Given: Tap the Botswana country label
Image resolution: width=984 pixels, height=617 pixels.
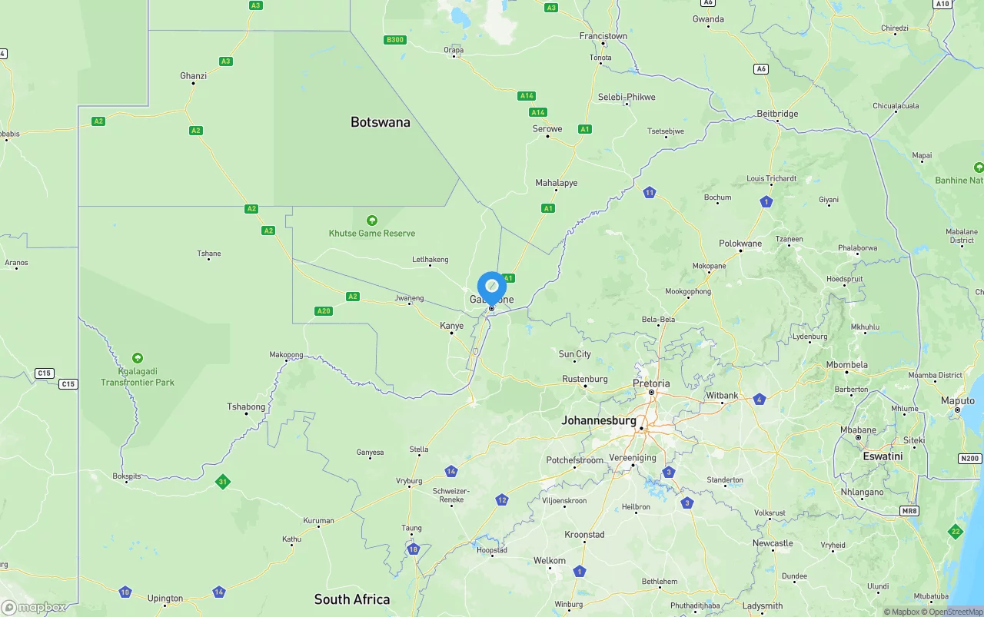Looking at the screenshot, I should coord(380,122).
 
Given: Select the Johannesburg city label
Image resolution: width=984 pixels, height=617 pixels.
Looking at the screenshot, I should coord(599,421).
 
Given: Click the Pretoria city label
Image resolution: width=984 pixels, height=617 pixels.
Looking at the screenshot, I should coord(651,383).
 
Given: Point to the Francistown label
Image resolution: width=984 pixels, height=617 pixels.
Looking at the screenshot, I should coord(603,36).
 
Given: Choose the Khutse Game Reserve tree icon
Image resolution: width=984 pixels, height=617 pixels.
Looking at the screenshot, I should coord(372,221).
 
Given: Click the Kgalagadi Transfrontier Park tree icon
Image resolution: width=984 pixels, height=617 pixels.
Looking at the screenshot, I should coord(138,358).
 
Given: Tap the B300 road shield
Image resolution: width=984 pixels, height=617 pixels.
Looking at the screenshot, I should coord(395,40).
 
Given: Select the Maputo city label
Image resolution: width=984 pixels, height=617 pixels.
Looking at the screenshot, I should coord(958,401).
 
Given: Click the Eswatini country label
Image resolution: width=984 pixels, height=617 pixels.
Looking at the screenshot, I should coord(883,456).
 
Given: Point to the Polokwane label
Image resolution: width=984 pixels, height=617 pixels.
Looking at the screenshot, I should coord(740,244).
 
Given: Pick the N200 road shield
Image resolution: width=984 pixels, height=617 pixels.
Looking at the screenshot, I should coord(970,459).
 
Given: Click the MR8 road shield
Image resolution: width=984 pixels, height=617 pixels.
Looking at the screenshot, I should coord(910,510).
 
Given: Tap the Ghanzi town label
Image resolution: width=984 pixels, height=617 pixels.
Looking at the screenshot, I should coord(194,75).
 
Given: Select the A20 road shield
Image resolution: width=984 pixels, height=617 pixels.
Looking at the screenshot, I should coord(324,311).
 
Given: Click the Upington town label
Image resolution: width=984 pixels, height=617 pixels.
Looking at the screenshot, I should coord(165,599).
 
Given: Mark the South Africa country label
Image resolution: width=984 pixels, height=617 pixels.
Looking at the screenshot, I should coord(352,599).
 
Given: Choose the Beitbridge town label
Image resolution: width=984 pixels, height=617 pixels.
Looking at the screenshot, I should coord(777,114).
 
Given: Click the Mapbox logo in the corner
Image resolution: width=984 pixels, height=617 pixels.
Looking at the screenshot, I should coord(34,607).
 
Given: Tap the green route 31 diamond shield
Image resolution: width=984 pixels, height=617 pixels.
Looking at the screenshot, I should coord(222,482).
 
